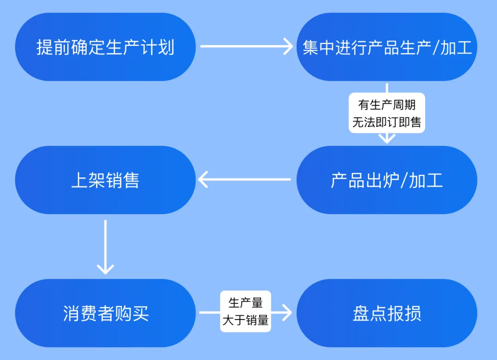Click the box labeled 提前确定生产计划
click(105, 47)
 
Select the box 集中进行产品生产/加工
click(387, 47)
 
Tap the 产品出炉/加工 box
click(387, 180)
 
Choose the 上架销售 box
click(105, 180)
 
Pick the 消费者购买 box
click(105, 314)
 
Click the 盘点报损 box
click(387, 314)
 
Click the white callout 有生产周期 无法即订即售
click(387, 113)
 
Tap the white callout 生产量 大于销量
click(245, 311)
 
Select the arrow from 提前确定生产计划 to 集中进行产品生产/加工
click(246, 46)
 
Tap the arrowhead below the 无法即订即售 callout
click(387, 138)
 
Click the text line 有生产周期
click(387, 105)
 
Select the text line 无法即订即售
click(387, 122)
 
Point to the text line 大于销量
click(245, 320)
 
